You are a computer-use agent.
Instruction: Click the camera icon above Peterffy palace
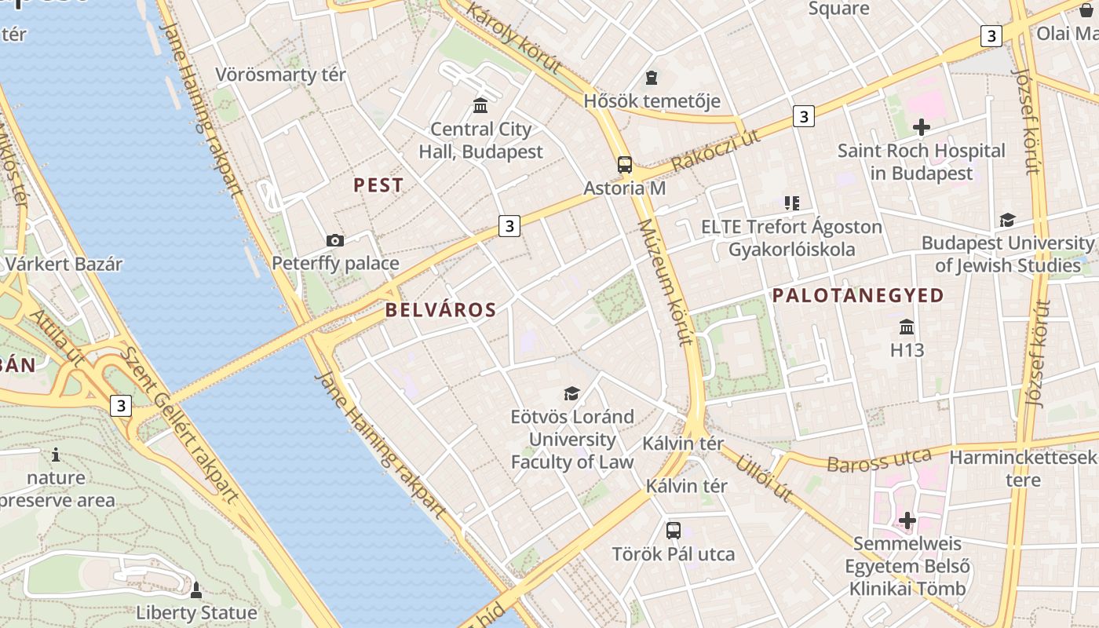[334, 240]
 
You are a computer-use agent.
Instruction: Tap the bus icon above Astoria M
[625, 165]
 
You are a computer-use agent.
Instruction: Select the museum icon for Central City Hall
[480, 105]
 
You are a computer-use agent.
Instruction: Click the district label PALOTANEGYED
[858, 296]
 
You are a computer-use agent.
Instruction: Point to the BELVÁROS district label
[440, 310]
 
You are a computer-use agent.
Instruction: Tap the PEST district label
[378, 185]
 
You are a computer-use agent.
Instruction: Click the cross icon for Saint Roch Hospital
[922, 127]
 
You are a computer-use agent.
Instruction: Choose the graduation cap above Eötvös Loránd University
[571, 393]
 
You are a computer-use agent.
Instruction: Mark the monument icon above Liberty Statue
[196, 589]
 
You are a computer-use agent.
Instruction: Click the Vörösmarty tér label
[280, 75]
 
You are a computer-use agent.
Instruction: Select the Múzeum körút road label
[666, 282]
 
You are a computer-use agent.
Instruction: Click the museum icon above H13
[907, 327]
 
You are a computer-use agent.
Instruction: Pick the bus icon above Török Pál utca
[674, 530]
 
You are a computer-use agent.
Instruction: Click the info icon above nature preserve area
[56, 455]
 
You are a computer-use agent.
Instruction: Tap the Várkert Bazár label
[64, 264]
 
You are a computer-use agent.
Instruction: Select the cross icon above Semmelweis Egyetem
[907, 520]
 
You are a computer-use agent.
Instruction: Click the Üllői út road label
[764, 477]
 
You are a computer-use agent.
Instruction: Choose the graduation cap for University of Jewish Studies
[1007, 220]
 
